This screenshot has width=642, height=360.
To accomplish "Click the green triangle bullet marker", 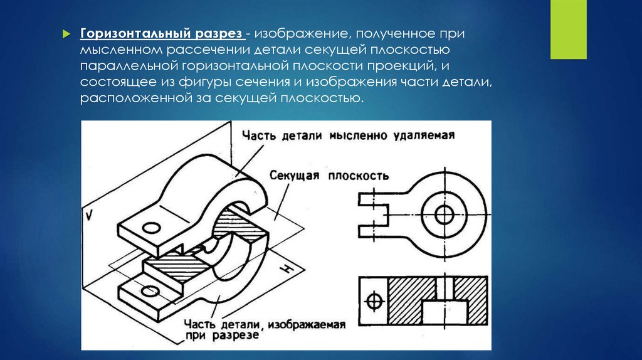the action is click(66, 34).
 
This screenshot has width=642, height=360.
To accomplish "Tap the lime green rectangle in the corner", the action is click(568, 29).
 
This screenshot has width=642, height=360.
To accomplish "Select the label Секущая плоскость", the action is click(329, 176).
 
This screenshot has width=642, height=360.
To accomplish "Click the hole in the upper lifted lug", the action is click(151, 228).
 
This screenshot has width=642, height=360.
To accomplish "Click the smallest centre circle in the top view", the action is click(445, 214).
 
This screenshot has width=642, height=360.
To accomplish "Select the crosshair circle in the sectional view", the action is click(374, 302).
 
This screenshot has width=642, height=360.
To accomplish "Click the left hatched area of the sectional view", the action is click(411, 300).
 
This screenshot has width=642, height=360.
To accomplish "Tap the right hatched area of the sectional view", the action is click(471, 300).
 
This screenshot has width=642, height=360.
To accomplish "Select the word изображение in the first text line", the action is click(302, 34).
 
